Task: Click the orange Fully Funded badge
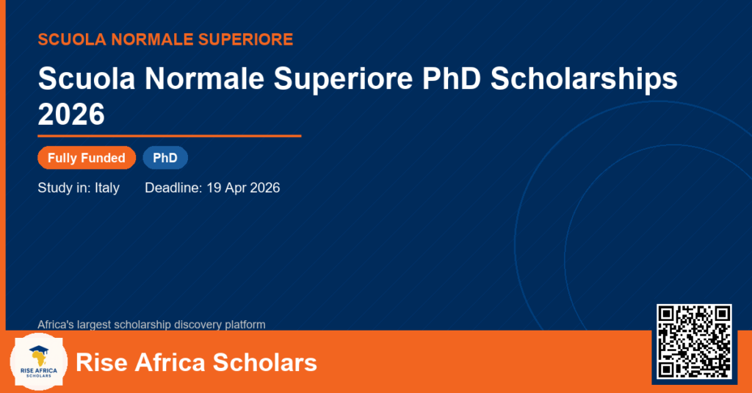click(x=87, y=158)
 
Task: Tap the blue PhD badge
click(x=165, y=158)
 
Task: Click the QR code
click(x=694, y=342)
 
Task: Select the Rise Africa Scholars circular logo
click(x=39, y=362)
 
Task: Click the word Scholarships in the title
click(x=584, y=78)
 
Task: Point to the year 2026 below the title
click(x=71, y=114)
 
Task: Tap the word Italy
click(x=107, y=187)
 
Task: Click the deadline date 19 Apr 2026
click(x=243, y=187)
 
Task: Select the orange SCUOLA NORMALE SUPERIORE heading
click(x=165, y=40)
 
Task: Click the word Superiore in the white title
click(x=343, y=78)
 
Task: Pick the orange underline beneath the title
click(x=170, y=137)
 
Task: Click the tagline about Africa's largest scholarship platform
click(x=151, y=325)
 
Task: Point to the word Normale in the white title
click(x=204, y=78)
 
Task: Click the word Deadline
click(x=173, y=187)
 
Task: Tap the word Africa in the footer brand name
click(x=170, y=362)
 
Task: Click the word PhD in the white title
click(x=452, y=78)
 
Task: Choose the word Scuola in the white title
click(x=87, y=78)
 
